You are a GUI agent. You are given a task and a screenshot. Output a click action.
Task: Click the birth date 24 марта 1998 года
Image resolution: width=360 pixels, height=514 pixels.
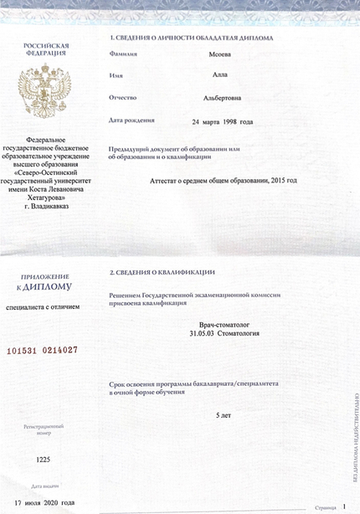(222, 122)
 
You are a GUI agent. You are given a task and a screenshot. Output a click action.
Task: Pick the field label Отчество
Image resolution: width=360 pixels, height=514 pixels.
(124, 98)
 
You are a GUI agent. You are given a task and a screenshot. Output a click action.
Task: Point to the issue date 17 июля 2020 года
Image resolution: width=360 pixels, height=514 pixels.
(45, 503)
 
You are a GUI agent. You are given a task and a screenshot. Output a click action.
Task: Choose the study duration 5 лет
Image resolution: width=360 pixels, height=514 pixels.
(223, 415)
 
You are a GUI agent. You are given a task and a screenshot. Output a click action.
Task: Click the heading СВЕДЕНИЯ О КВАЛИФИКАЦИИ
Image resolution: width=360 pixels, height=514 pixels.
(165, 273)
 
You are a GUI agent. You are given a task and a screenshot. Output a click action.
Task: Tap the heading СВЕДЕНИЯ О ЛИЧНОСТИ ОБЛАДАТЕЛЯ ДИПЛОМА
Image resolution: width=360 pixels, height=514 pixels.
(190, 39)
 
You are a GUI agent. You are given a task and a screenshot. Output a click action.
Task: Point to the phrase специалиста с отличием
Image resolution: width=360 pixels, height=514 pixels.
(43, 307)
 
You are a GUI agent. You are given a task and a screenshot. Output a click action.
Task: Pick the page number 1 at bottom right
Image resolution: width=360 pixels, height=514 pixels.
(344, 506)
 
